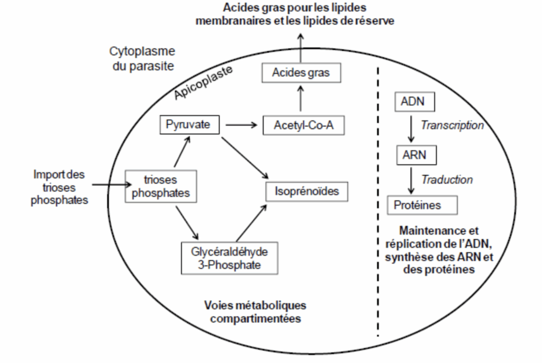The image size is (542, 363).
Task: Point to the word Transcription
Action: click(x=452, y=125)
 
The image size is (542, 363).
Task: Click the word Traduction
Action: click(x=447, y=180)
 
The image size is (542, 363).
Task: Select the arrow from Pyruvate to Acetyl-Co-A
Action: click(x=241, y=125)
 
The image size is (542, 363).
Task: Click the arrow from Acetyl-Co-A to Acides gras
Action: click(x=301, y=98)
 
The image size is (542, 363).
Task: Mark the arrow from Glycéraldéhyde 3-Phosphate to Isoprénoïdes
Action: click(x=251, y=223)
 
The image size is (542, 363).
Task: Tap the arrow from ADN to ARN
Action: click(x=411, y=129)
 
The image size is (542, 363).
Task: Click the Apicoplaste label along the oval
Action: click(x=203, y=82)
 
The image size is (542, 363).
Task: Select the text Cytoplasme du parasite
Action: click(x=142, y=58)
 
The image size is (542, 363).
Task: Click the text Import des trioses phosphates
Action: click(x=59, y=187)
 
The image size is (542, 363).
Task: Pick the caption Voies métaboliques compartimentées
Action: click(x=256, y=312)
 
